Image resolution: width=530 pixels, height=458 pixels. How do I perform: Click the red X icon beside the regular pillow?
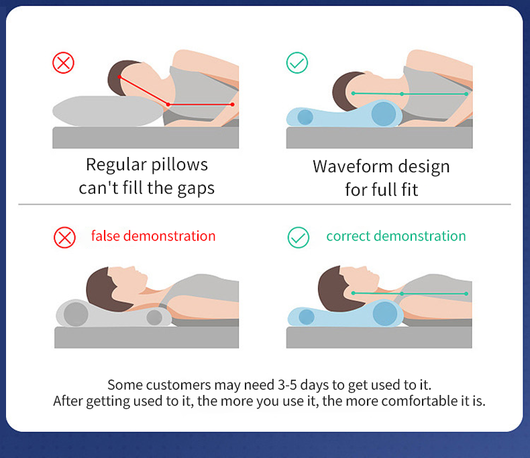[63, 63]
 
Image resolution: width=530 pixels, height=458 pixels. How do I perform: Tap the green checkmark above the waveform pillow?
[297, 63]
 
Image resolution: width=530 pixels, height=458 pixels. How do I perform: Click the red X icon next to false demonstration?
[64, 237]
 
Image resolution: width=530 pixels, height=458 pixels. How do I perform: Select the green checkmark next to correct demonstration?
[299, 237]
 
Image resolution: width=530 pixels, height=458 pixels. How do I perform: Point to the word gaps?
[196, 189]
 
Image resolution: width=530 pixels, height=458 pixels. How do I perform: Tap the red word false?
[105, 236]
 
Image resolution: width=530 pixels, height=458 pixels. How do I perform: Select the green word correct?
[348, 236]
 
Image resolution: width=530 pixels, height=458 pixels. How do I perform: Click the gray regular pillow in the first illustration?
[108, 111]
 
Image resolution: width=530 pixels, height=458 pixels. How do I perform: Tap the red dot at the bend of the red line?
[168, 105]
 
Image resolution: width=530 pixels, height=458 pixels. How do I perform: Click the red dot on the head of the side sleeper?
[119, 77]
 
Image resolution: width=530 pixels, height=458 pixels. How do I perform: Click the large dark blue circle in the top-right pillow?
[383, 113]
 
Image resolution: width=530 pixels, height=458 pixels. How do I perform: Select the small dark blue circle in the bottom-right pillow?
[307, 317]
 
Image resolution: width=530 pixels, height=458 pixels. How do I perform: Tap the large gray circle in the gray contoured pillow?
[76, 314]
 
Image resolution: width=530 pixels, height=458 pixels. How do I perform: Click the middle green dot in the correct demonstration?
[402, 294]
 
